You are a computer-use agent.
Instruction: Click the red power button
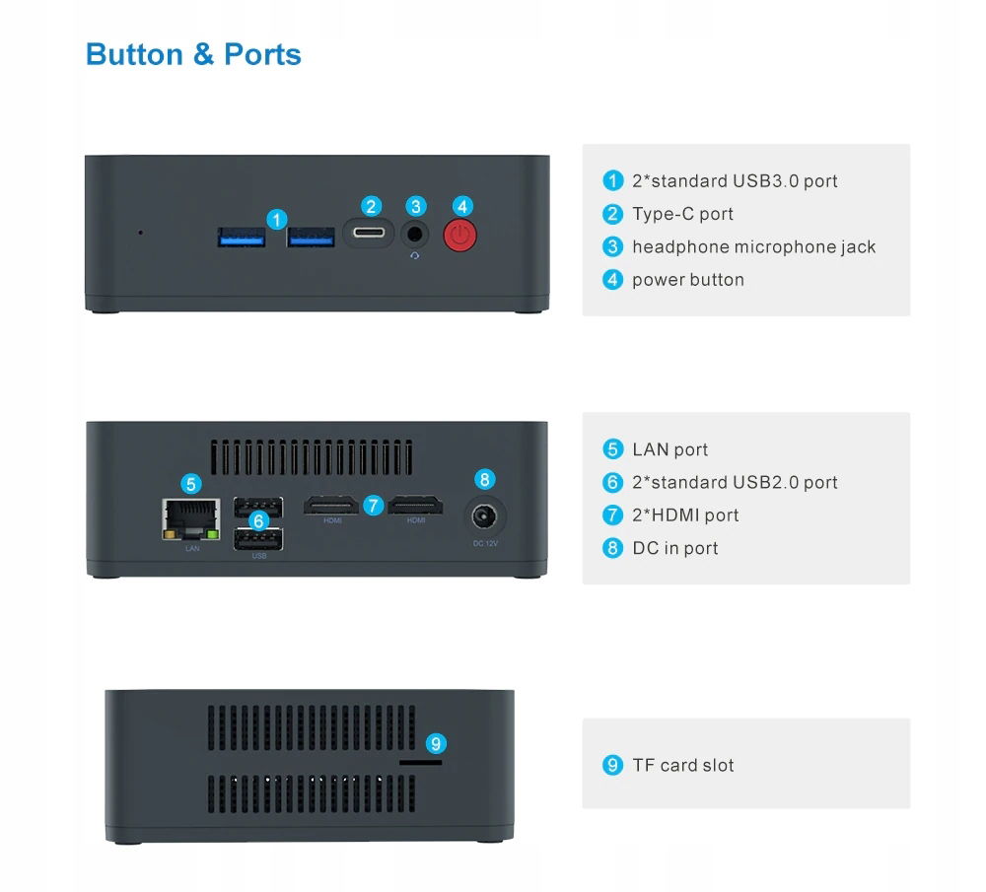[x=460, y=236]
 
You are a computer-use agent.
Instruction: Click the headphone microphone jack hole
[x=416, y=235]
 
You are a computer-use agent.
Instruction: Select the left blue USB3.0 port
[x=241, y=237]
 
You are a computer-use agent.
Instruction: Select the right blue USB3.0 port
[x=311, y=237]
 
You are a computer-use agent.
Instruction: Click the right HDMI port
[x=415, y=507]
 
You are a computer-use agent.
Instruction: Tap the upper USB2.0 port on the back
[x=258, y=507]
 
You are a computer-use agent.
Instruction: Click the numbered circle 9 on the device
[x=435, y=743]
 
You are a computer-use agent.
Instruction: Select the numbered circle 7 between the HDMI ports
[x=373, y=505]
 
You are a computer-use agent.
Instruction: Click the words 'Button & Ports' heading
[x=193, y=54]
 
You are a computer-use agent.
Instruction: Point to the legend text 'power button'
[x=688, y=280]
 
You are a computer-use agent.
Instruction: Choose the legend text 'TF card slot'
[x=683, y=765]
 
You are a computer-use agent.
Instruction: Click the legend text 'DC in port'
[x=675, y=548]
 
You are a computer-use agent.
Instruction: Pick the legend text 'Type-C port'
[x=682, y=214]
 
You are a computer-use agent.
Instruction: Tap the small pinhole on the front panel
[x=140, y=234]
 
